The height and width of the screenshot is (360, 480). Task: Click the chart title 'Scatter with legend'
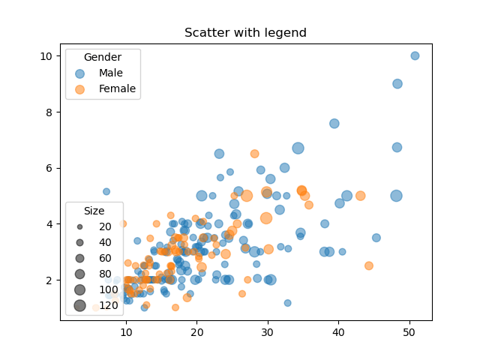245,33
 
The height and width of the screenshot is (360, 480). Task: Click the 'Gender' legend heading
103,57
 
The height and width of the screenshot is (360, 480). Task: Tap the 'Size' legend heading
94,211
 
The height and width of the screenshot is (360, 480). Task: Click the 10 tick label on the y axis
46,56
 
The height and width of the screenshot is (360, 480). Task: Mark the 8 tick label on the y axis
49,112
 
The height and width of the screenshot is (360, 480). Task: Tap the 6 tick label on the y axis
49,168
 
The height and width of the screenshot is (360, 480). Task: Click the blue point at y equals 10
415,56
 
